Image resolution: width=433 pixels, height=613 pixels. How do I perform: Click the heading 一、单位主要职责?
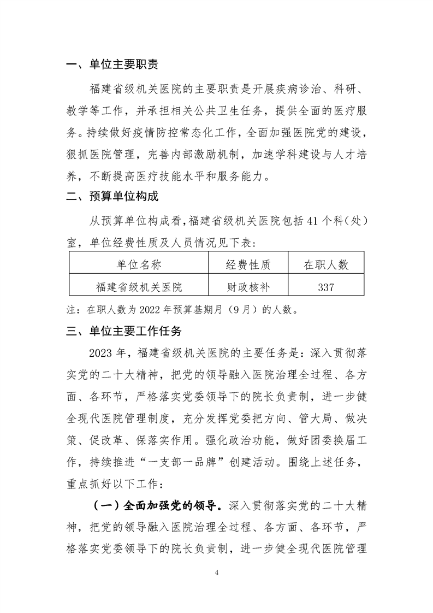click(x=112, y=65)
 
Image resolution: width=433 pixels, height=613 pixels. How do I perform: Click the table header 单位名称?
click(x=139, y=265)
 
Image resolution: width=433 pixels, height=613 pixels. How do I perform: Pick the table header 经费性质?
click(x=248, y=265)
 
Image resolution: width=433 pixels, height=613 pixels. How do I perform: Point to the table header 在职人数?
click(x=326, y=265)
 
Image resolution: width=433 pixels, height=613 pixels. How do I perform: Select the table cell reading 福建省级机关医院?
click(x=139, y=286)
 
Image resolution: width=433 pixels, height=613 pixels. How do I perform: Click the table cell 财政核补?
click(x=248, y=286)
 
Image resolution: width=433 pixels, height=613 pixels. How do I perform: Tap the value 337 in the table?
click(x=326, y=286)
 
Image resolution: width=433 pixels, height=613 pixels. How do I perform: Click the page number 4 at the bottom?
click(x=217, y=573)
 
